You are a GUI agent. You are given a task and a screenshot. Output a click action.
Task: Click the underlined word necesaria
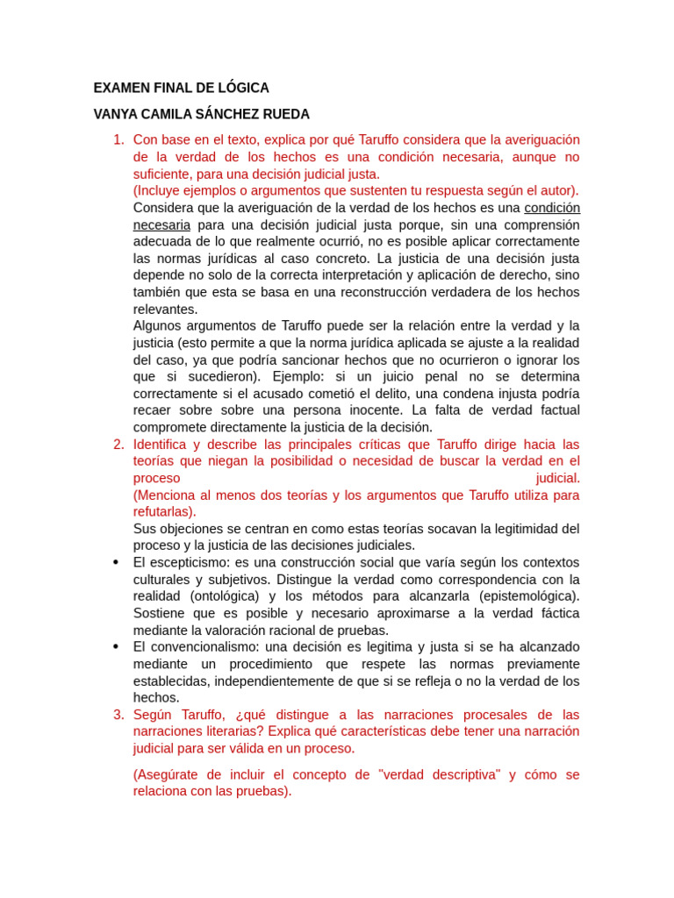161,224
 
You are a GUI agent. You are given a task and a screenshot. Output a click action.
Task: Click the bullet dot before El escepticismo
115,562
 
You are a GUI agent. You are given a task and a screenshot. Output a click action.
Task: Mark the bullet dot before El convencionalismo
115,647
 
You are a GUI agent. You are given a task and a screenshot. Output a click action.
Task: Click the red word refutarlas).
165,512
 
